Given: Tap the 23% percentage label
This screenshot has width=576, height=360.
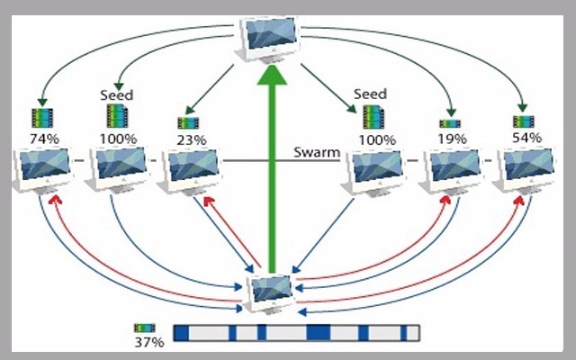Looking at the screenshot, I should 190,139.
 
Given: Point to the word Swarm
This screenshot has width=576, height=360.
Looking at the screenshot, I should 316,152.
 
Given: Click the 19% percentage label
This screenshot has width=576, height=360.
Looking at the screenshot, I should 452,139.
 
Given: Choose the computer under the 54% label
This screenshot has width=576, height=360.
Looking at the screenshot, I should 525,170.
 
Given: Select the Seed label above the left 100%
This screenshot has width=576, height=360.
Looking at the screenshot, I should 118,94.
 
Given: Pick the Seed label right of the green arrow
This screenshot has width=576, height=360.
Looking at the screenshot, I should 370,94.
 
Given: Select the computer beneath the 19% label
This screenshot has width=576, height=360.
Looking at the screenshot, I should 452,170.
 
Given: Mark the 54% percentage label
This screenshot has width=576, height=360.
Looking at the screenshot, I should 526,138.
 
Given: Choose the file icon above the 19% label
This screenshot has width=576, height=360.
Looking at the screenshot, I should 449,123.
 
